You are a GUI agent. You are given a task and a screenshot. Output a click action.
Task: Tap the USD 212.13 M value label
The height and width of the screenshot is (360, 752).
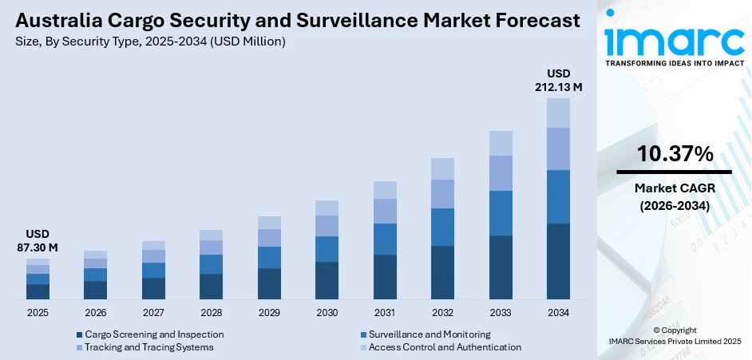click(x=558, y=80)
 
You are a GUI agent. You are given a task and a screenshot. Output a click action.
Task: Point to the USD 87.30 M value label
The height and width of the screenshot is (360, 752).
click(x=38, y=240)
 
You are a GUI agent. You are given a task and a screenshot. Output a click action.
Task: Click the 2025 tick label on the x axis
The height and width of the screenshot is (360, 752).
click(x=38, y=313)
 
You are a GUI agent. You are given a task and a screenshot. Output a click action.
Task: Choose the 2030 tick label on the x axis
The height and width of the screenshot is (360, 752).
click(x=327, y=313)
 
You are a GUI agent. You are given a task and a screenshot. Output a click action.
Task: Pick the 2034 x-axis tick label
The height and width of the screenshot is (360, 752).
click(x=558, y=313)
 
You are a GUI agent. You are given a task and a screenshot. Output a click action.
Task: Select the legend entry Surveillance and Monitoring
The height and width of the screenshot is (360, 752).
click(x=429, y=334)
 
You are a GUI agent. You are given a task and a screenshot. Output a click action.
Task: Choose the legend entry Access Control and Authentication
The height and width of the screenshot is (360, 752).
click(x=444, y=347)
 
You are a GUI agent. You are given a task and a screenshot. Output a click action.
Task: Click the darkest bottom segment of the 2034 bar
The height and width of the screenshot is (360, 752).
click(x=558, y=261)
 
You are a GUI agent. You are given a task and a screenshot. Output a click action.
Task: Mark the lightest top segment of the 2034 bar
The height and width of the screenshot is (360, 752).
click(x=558, y=113)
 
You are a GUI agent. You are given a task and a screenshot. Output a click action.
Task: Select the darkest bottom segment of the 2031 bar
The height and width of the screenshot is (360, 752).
click(x=385, y=277)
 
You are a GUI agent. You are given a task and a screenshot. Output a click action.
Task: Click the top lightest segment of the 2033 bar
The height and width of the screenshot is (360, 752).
click(x=501, y=143)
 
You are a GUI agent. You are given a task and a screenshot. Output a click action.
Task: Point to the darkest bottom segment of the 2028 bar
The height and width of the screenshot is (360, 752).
click(x=211, y=287)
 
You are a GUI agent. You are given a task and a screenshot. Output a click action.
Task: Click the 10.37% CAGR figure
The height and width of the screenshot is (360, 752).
click(x=675, y=154)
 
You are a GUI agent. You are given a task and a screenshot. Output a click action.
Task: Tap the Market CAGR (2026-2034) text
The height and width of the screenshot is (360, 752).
click(x=675, y=196)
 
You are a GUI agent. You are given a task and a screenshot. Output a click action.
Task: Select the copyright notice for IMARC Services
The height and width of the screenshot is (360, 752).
click(x=675, y=335)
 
